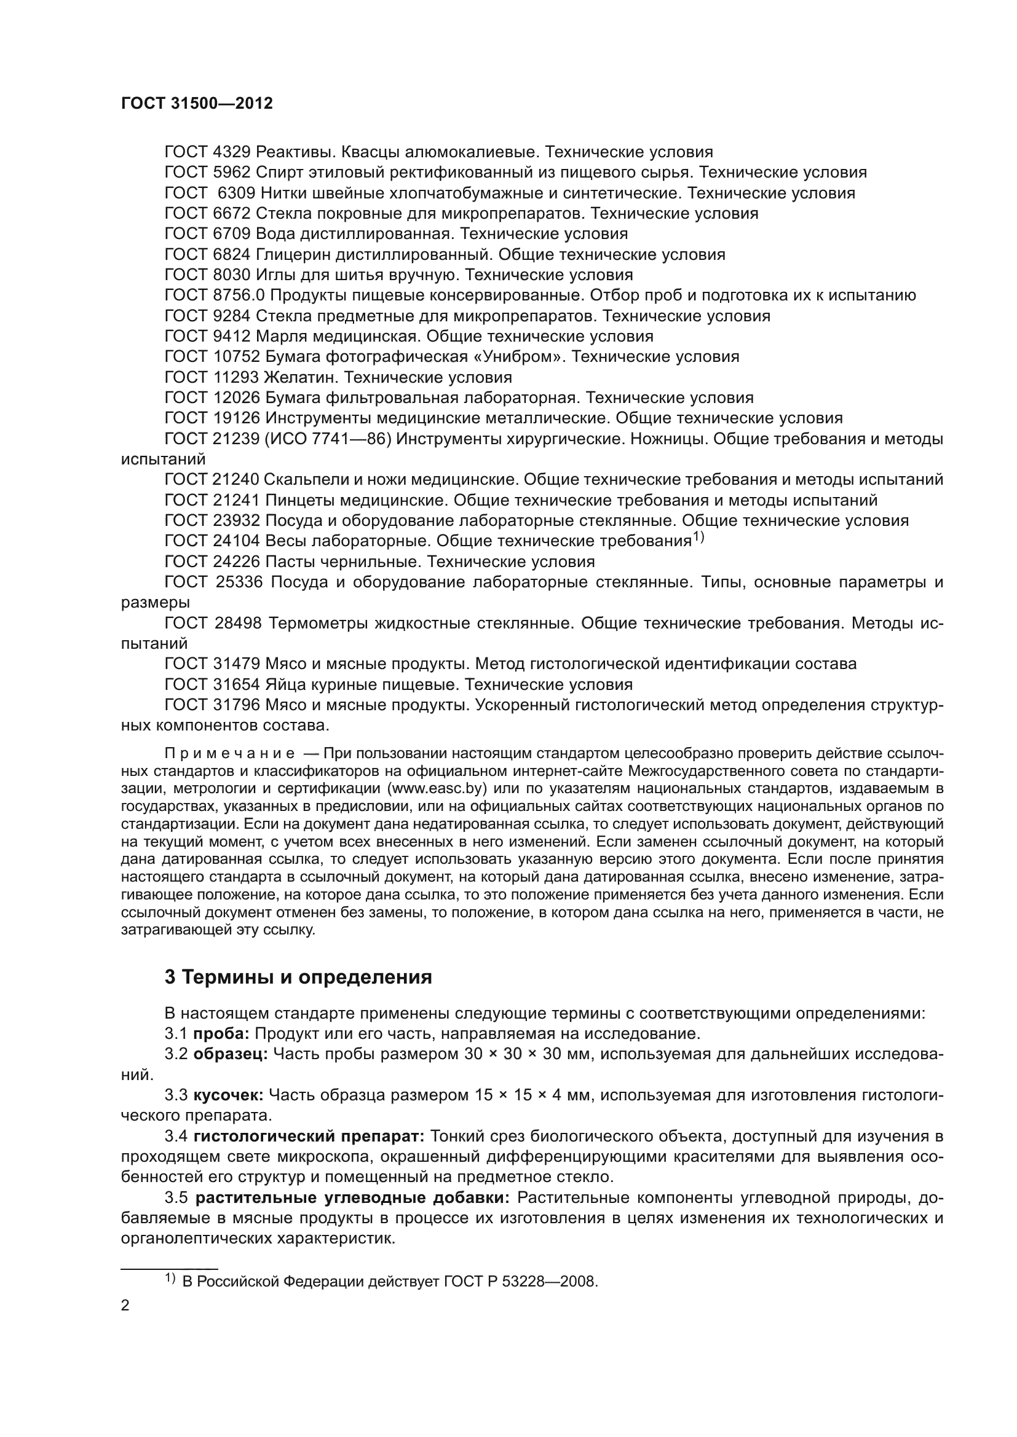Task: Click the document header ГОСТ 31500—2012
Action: (x=197, y=103)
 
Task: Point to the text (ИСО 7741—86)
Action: (x=328, y=439)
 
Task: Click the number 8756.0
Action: (x=239, y=296)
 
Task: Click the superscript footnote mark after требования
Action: (x=698, y=538)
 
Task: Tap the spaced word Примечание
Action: (x=230, y=753)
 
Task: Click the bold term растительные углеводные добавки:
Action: (x=352, y=1198)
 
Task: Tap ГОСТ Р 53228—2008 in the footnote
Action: (x=520, y=1282)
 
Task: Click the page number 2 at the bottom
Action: (x=125, y=1306)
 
